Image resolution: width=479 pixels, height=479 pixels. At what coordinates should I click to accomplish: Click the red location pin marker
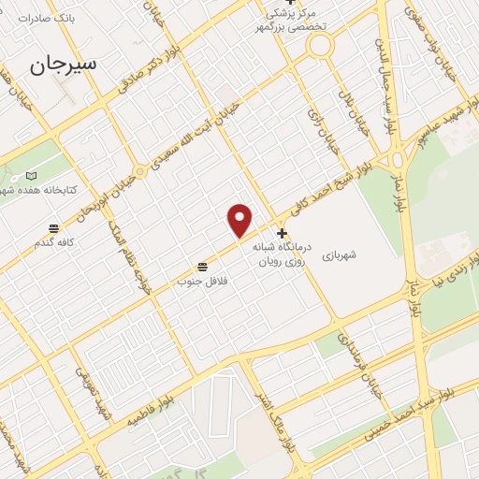[240, 220]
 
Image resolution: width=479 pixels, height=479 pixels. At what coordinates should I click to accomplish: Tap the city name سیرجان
[62, 64]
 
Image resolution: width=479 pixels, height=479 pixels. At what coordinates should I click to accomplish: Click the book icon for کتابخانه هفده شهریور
[32, 176]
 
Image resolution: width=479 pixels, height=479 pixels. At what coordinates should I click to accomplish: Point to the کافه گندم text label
[54, 243]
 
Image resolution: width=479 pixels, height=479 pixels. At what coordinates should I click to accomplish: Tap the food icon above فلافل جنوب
[202, 267]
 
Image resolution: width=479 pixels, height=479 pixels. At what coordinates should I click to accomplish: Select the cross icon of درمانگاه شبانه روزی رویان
[282, 233]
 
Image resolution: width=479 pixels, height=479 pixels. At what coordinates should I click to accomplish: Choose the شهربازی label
[341, 254]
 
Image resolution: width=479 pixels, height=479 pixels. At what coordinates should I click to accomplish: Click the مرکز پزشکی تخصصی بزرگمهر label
[296, 20]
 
